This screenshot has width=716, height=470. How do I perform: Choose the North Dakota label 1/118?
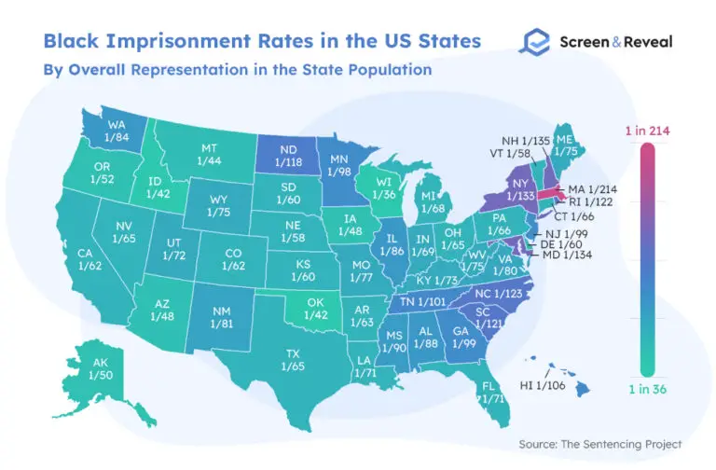[x=290, y=156]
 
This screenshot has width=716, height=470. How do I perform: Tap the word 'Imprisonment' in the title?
[x=170, y=41]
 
